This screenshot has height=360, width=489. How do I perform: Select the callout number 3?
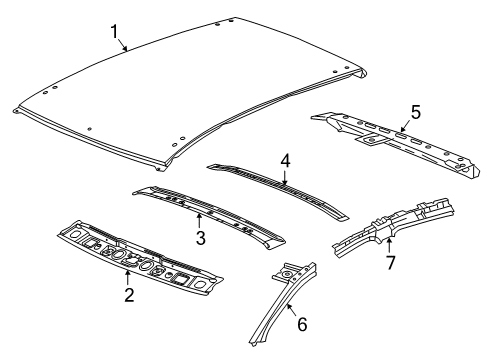pos(200,237)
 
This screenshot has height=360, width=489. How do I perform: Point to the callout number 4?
pos(285,159)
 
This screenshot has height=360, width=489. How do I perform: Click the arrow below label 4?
pos(285,177)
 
